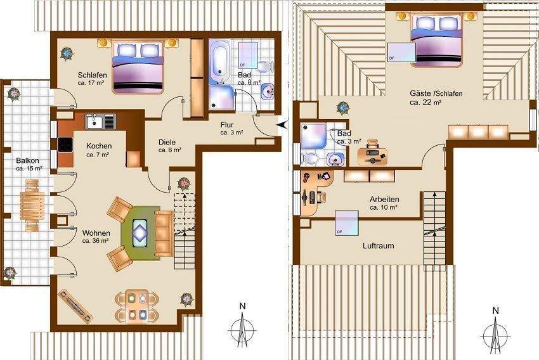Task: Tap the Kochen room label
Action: (98, 146)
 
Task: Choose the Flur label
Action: (229, 125)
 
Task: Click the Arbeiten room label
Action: (384, 200)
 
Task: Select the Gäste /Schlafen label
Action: (436, 94)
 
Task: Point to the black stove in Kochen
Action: (66, 145)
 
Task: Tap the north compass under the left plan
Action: (242, 327)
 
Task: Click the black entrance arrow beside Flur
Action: (282, 125)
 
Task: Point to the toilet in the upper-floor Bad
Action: (311, 157)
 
